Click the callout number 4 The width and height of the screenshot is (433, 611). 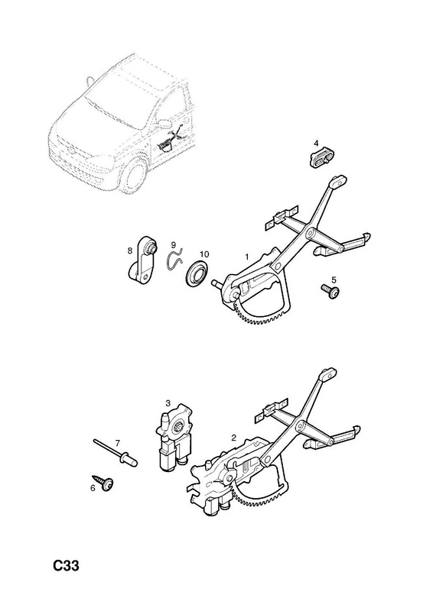pyautogui.click(x=316, y=144)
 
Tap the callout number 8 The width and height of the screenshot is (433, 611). pyautogui.click(x=130, y=251)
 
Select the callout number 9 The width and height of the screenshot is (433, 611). pyautogui.click(x=174, y=245)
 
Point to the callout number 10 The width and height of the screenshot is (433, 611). pyautogui.click(x=204, y=254)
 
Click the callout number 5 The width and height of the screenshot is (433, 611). pyautogui.click(x=334, y=280)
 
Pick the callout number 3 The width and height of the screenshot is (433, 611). pyautogui.click(x=168, y=402)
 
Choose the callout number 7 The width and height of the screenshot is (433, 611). pyautogui.click(x=117, y=443)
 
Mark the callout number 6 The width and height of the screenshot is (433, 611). pyautogui.click(x=93, y=487)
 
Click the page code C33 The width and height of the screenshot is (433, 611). pyautogui.click(x=67, y=565)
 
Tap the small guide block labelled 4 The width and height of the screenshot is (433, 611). pyautogui.click(x=323, y=158)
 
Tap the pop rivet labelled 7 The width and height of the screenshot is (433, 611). pyautogui.click(x=116, y=452)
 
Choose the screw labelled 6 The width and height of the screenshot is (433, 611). pyautogui.click(x=103, y=482)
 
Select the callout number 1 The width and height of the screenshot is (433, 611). pyautogui.click(x=247, y=257)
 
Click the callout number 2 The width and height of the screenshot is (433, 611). pyautogui.click(x=233, y=438)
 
